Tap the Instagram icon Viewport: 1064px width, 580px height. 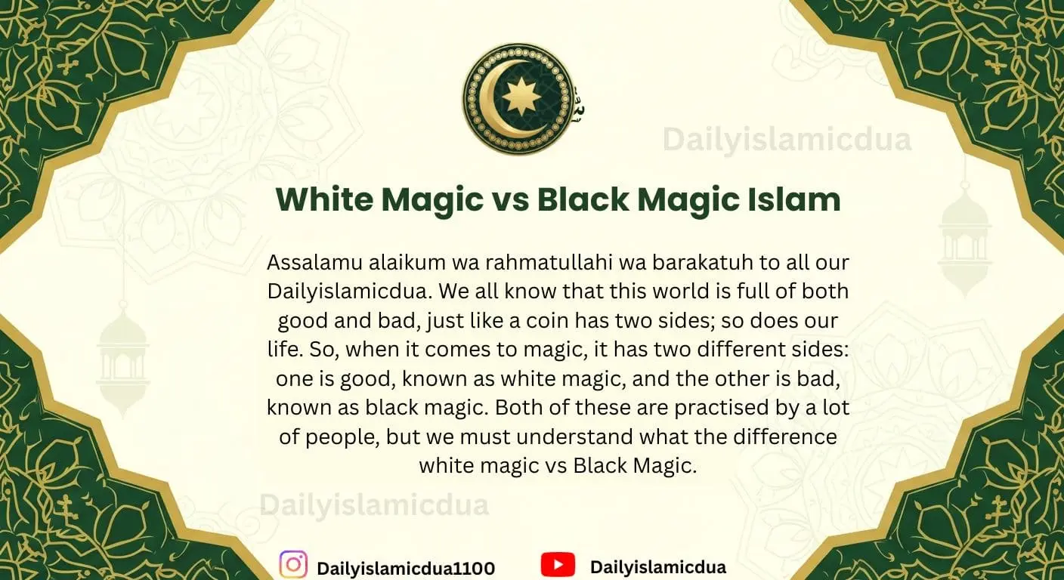[293, 565]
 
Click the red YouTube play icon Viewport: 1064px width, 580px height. [558, 565]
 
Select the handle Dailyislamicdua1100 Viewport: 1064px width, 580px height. [405, 568]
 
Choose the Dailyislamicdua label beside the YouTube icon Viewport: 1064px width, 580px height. [657, 567]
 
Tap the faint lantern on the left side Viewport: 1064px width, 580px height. [122, 355]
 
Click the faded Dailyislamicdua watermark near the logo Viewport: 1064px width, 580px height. [787, 140]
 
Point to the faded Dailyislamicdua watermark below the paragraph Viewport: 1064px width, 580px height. [374, 504]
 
